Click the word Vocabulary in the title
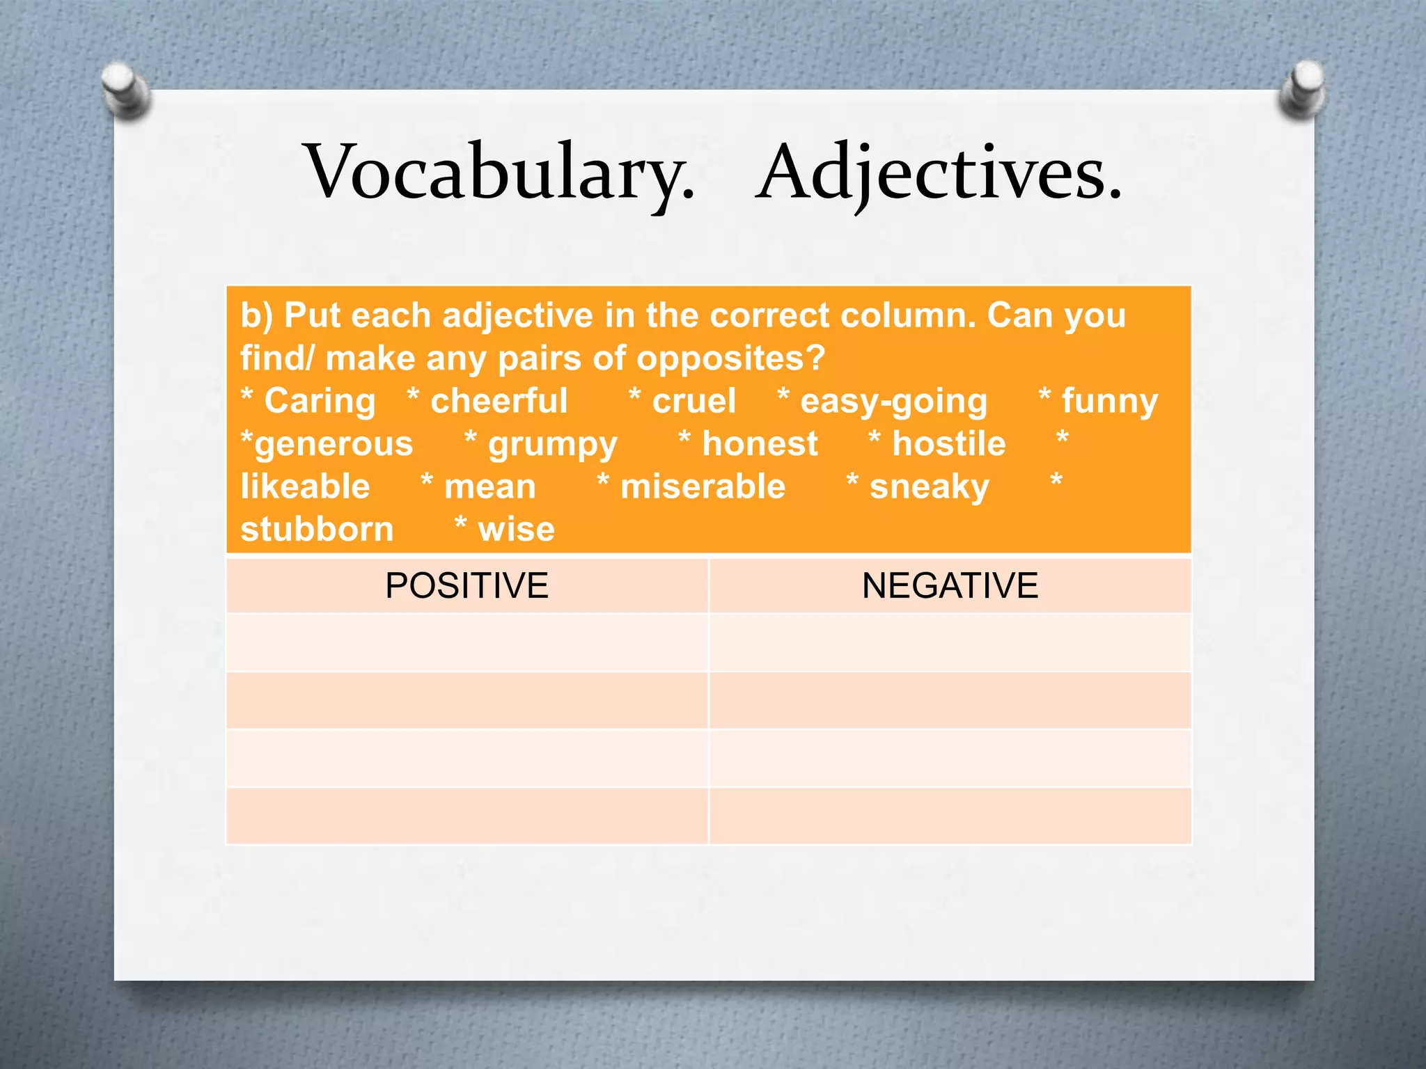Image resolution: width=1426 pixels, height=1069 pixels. click(x=499, y=173)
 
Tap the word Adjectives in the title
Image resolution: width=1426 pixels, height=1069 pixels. click(x=938, y=173)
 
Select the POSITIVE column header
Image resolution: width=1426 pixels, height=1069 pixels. click(x=467, y=585)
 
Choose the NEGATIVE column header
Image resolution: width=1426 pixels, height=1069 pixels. click(x=950, y=585)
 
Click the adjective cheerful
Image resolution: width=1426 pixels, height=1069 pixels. click(x=499, y=402)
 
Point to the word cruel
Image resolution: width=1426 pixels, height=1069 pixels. click(x=694, y=402)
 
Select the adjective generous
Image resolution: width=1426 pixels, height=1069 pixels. click(x=334, y=445)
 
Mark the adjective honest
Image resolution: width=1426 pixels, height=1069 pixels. click(x=760, y=445)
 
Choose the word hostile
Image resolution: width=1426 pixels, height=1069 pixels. click(x=949, y=444)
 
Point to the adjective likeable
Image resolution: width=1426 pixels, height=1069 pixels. click(x=305, y=486)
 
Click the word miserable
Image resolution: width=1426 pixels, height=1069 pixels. click(x=703, y=486)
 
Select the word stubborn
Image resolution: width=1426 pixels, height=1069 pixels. click(x=317, y=530)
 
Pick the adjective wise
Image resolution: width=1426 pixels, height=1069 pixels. click(x=516, y=530)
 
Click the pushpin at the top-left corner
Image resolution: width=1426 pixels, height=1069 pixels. click(x=125, y=89)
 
